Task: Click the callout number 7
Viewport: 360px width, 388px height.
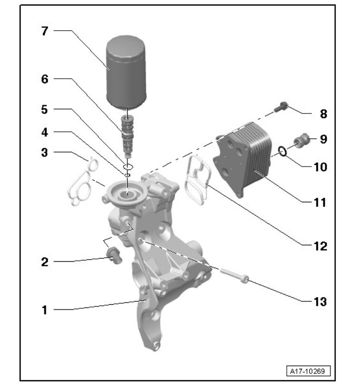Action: pos(44,31)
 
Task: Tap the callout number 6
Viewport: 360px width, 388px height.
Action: pos(44,79)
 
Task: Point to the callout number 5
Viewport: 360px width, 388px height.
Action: pos(44,109)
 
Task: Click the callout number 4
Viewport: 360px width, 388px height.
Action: pos(44,132)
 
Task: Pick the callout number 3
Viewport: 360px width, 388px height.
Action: pos(44,152)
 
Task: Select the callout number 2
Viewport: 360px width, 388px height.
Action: pos(44,262)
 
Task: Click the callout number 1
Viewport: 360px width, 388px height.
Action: pos(44,310)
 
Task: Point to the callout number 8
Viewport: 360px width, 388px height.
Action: pos(323,114)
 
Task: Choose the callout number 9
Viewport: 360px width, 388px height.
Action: pos(323,139)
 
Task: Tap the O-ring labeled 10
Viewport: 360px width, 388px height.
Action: pos(283,151)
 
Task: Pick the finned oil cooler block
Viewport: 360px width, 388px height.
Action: pos(242,158)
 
